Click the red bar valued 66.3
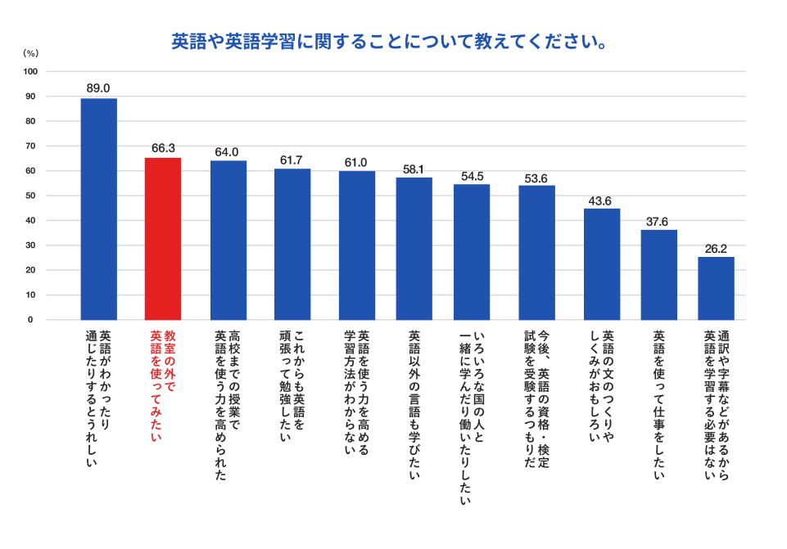point(163,239)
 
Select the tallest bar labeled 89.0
point(98,209)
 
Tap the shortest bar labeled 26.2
point(716,288)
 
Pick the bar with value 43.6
point(602,264)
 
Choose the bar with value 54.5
point(472,252)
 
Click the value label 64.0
point(227,152)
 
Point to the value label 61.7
point(292,160)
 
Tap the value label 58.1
point(414,169)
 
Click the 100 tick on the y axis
point(30,72)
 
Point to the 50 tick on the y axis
point(30,196)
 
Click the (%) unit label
point(30,52)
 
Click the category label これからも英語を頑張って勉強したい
point(292,385)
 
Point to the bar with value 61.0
point(357,245)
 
